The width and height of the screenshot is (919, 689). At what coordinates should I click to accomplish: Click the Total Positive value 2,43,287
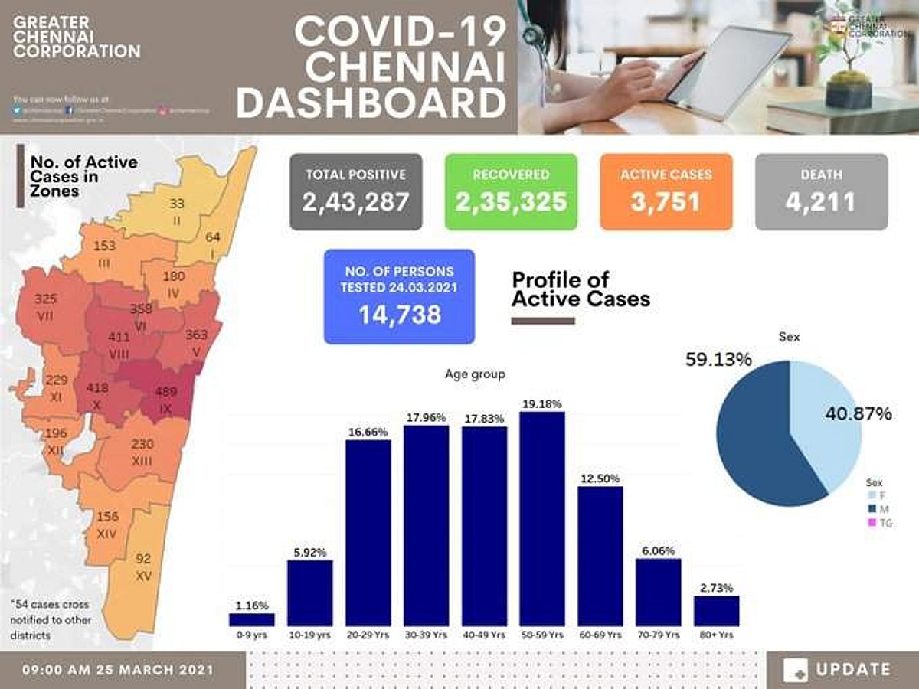(355, 202)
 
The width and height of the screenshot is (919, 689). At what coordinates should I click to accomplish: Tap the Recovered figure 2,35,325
(511, 202)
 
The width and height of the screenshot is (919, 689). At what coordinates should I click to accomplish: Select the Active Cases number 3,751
(666, 202)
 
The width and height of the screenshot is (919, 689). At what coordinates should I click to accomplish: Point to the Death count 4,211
(820, 202)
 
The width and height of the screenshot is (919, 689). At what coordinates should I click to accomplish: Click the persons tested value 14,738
(399, 314)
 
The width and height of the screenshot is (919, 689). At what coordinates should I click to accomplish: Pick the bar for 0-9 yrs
(251, 619)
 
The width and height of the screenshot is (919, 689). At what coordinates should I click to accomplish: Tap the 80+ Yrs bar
(716, 611)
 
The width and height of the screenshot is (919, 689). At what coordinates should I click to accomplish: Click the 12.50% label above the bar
(600, 479)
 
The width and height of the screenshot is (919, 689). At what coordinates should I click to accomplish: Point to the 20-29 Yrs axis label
(368, 635)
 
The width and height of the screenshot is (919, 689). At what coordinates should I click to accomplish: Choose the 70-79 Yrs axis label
(658, 635)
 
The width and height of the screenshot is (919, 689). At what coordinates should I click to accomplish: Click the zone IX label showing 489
(165, 400)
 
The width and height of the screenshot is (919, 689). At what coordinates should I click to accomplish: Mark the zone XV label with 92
(143, 567)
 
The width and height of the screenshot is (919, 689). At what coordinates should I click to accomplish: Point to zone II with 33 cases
(177, 212)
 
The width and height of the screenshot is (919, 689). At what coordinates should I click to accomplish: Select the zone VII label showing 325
(44, 306)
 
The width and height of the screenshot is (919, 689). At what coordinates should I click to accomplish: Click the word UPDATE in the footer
(852, 670)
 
